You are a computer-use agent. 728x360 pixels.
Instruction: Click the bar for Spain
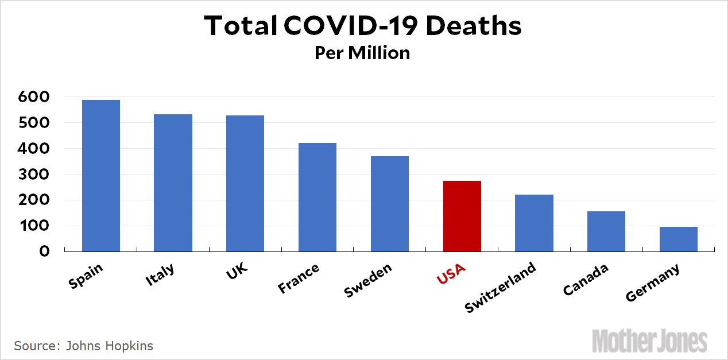point(101,176)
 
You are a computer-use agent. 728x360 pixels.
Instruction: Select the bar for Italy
point(173,183)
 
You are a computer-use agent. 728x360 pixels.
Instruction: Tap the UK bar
point(245,183)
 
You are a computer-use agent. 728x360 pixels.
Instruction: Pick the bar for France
point(317,197)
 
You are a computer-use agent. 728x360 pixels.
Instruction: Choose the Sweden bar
point(390,204)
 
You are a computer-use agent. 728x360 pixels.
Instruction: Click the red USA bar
point(462,216)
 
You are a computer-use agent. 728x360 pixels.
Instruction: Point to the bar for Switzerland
point(534,223)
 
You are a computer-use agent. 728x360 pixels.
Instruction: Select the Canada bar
point(606,231)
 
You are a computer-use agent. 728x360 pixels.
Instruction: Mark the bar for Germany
point(679,239)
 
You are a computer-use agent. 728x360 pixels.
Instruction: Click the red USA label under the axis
point(451,274)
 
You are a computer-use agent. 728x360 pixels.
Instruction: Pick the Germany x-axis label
point(652,282)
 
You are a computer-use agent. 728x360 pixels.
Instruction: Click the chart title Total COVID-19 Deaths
point(363,26)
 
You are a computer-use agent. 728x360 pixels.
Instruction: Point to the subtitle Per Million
point(362,53)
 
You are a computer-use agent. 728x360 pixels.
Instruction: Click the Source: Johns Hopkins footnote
point(83,346)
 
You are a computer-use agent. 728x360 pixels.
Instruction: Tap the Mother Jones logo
point(650,340)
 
